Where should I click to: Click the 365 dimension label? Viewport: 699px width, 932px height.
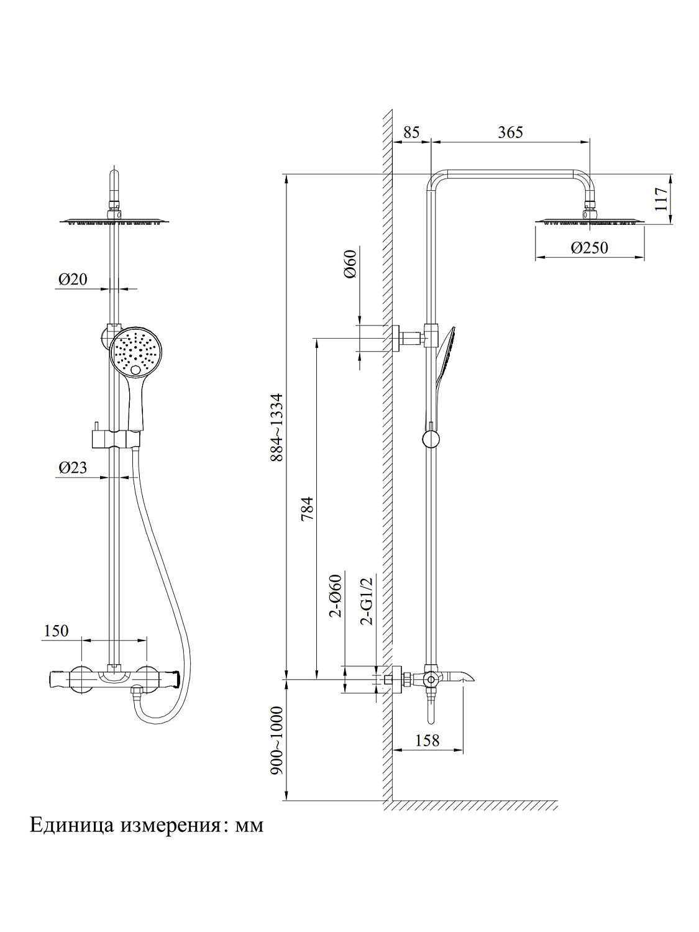tap(510, 132)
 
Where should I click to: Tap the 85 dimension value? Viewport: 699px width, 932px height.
tap(411, 132)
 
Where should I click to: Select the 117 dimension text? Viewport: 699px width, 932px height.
tap(661, 199)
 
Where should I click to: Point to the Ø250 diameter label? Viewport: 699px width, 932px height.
tap(589, 248)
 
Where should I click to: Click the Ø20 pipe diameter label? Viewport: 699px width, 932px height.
tap(73, 280)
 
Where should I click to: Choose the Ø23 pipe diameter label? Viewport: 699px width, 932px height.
tap(73, 468)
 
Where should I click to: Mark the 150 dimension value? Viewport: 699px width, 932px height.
tap(56, 631)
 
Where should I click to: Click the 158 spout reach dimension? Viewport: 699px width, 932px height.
tap(427, 741)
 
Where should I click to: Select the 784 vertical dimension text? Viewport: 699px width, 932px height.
tap(308, 508)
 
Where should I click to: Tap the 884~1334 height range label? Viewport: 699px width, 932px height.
tap(276, 427)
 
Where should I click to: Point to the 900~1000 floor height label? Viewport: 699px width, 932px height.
tap(276, 741)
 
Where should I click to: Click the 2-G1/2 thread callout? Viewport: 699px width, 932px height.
tap(367, 600)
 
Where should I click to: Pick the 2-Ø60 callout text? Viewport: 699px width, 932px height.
tap(336, 595)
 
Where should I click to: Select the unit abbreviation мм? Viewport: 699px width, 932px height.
tap(249, 826)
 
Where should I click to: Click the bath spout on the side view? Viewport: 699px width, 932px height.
tap(457, 676)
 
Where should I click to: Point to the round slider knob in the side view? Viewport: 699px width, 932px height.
tap(431, 439)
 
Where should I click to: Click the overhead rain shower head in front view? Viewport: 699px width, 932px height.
tap(115, 220)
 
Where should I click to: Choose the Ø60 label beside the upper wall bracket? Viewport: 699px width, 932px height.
tap(350, 263)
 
